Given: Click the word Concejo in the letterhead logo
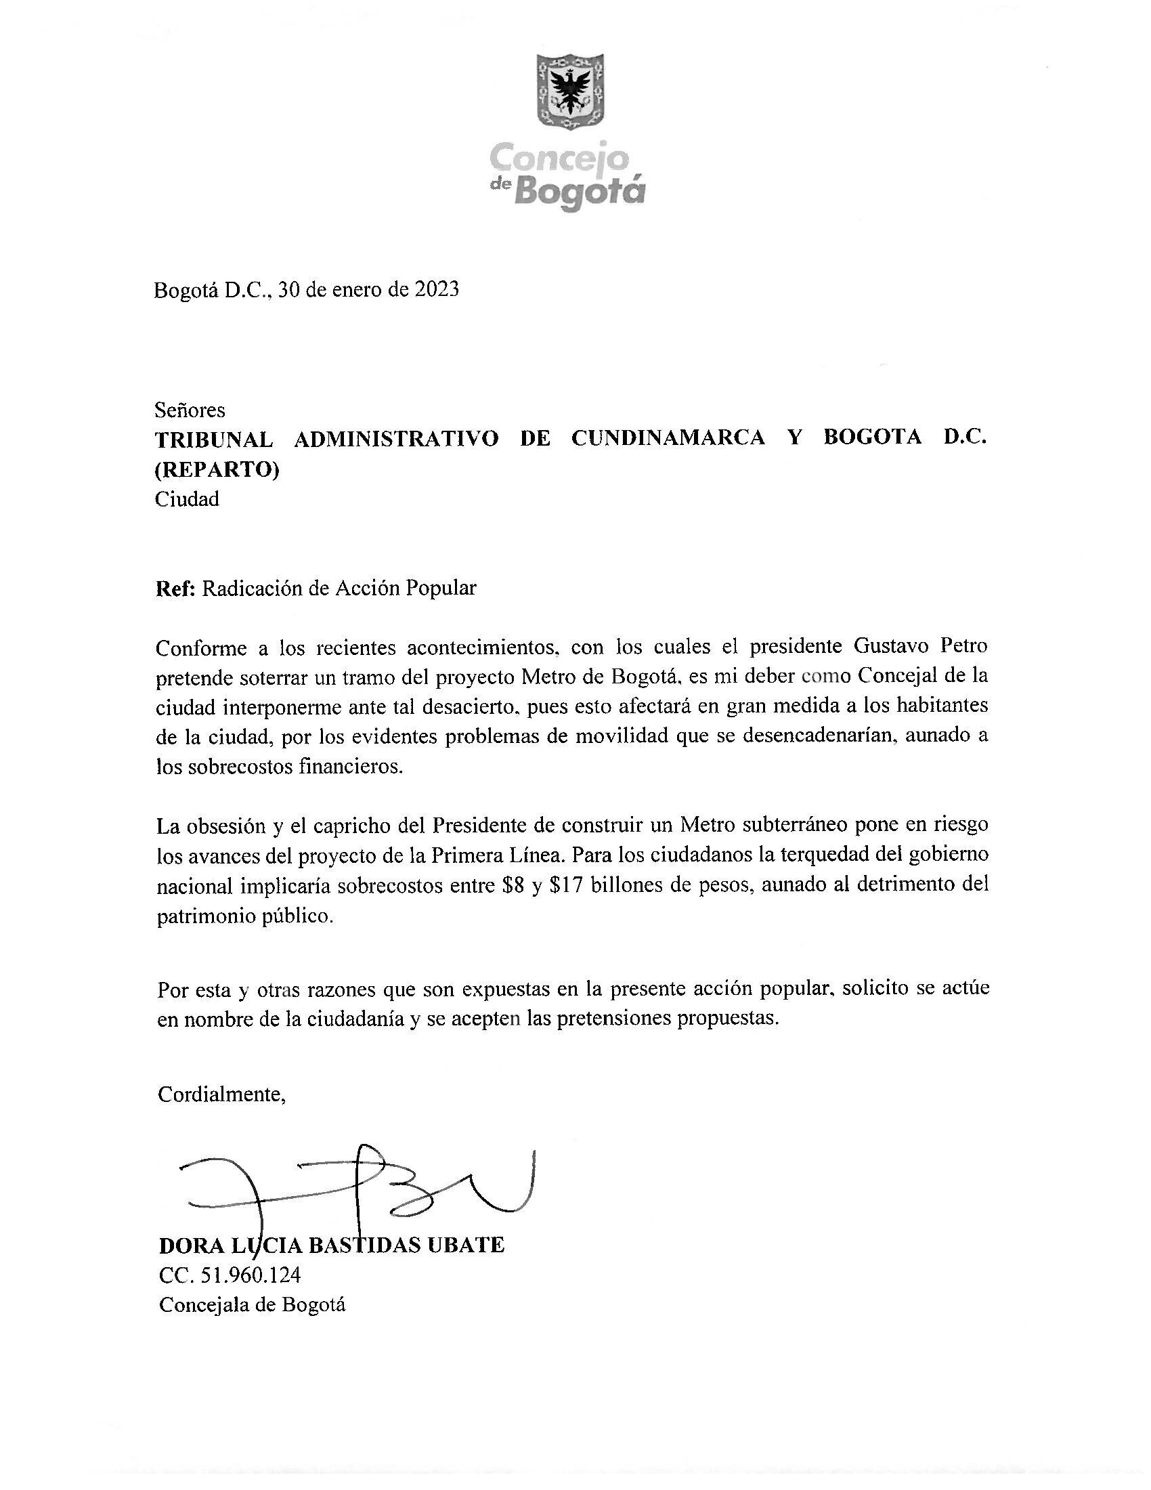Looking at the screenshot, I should point(559,159).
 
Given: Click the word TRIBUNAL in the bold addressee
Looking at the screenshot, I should point(213,440).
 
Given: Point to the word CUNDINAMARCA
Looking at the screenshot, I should point(668,438).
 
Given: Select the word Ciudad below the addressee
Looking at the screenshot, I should point(187,499).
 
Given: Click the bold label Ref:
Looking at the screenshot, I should point(176,588).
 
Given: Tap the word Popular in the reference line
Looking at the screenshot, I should point(441,588).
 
